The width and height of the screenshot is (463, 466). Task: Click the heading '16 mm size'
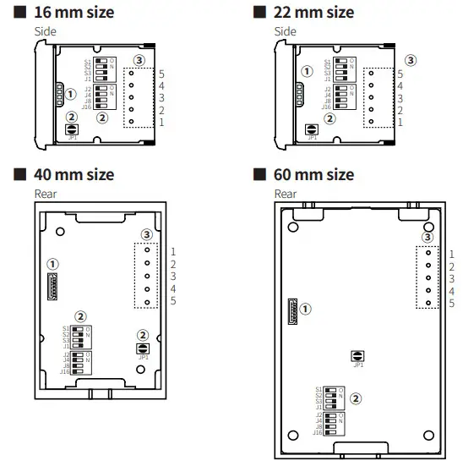(x=73, y=13)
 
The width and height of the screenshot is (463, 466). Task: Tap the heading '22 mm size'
(x=313, y=13)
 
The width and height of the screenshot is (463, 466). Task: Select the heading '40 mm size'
(x=73, y=175)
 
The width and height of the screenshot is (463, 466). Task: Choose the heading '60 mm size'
(x=313, y=175)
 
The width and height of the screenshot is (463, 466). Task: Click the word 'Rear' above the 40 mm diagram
(x=46, y=194)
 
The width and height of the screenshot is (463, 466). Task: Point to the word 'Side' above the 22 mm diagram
(x=286, y=31)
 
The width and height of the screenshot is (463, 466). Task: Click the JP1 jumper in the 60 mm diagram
(x=357, y=356)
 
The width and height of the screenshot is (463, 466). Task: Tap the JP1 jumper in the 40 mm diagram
(x=141, y=348)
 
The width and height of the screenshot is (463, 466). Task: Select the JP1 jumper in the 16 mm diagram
(x=72, y=130)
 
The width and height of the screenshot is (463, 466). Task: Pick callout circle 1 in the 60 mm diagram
(x=305, y=310)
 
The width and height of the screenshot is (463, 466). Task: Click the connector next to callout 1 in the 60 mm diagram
(x=292, y=311)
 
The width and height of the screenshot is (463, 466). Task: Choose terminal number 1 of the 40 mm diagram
(x=172, y=251)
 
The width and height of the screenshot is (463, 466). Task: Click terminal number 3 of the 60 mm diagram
(x=453, y=277)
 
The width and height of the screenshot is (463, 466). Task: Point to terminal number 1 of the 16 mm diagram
(x=161, y=123)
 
